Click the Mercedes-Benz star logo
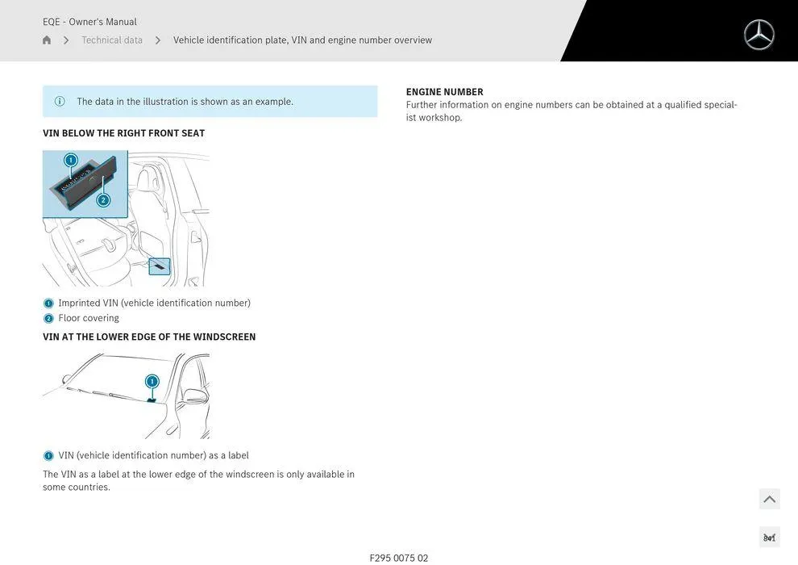click(x=759, y=35)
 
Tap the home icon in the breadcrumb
click(x=47, y=40)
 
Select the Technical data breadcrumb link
click(x=112, y=40)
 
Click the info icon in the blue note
click(x=60, y=102)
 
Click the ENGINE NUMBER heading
click(x=444, y=92)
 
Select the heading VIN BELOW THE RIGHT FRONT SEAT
click(x=123, y=133)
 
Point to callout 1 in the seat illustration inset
click(x=71, y=161)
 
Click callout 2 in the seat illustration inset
click(x=103, y=200)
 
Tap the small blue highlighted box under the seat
click(x=160, y=266)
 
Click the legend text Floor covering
click(x=89, y=318)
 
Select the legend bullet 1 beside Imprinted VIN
click(x=48, y=303)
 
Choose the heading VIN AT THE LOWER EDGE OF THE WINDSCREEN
click(x=149, y=337)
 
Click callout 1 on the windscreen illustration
click(x=152, y=382)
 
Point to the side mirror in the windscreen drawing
click(x=195, y=395)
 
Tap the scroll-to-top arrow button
click(x=769, y=499)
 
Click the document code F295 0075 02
click(x=399, y=558)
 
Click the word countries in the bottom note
click(x=89, y=488)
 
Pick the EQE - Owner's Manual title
click(x=89, y=22)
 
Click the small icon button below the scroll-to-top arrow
click(x=769, y=538)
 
